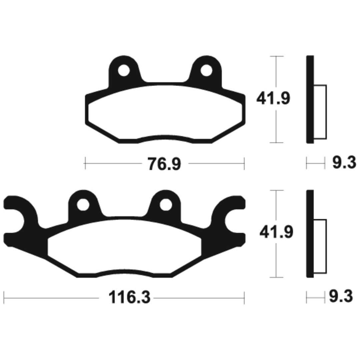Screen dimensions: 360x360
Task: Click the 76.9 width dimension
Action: pyautogui.click(x=164, y=164)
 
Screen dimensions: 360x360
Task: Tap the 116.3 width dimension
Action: pyautogui.click(x=129, y=297)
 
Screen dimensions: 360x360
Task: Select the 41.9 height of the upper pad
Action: pyautogui.click(x=273, y=98)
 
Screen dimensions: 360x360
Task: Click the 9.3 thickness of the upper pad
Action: pyautogui.click(x=344, y=163)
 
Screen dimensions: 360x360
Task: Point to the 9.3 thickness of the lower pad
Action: pyautogui.click(x=341, y=296)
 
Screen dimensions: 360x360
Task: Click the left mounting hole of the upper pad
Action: pyautogui.click(x=124, y=70)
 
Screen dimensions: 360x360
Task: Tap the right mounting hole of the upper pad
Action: pyautogui.click(x=206, y=70)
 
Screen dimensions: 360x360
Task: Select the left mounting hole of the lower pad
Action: pyautogui.click(x=83, y=205)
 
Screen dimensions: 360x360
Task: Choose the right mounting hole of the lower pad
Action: pyautogui.click(x=166, y=205)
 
